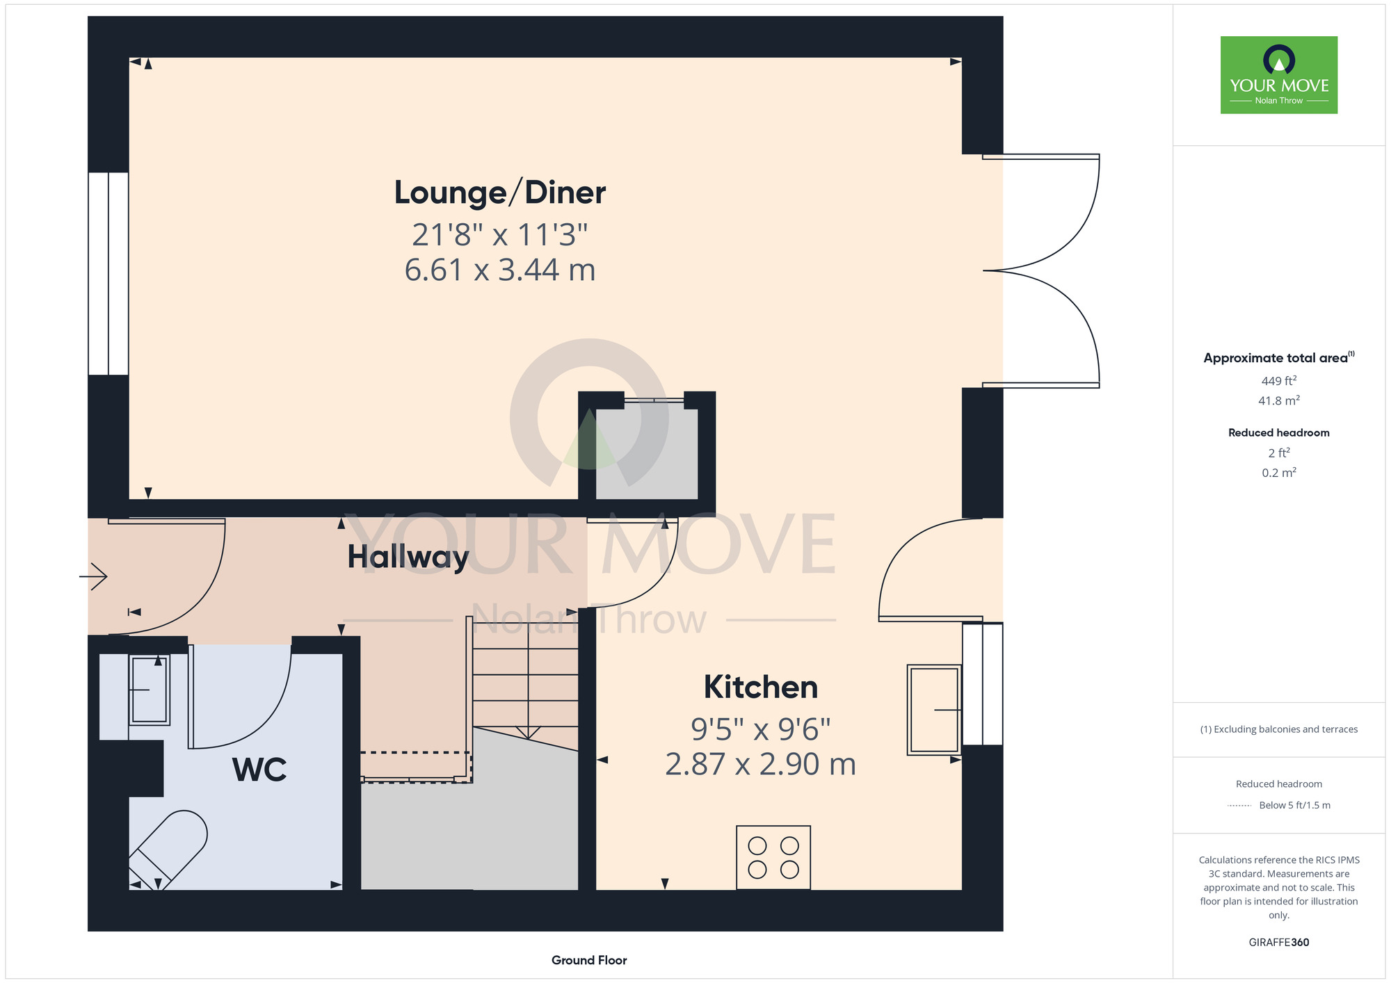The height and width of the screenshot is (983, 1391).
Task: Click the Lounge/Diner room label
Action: click(x=500, y=193)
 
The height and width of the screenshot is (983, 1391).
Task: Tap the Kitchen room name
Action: click(x=761, y=687)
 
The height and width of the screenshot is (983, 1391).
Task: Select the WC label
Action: click(x=259, y=770)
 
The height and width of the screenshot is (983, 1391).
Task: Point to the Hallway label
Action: click(x=408, y=558)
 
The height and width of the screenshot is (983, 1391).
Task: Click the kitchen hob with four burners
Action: click(x=773, y=857)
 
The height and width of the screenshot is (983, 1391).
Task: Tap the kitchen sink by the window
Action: click(x=934, y=710)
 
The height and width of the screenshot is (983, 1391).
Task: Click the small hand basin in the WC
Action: click(x=150, y=690)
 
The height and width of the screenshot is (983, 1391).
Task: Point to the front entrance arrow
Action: click(x=93, y=576)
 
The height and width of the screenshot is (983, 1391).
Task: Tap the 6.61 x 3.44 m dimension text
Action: click(x=500, y=270)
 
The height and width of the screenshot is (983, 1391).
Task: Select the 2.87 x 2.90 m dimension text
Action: click(x=760, y=764)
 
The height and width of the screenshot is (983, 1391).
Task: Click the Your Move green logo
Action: click(x=1279, y=75)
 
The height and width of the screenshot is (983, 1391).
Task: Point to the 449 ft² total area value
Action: click(x=1279, y=381)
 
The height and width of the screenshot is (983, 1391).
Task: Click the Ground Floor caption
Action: click(x=589, y=960)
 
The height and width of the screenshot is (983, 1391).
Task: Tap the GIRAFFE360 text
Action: click(x=1279, y=943)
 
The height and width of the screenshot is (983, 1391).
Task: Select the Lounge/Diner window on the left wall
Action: click(x=108, y=274)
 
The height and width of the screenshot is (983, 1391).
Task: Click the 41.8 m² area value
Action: click(x=1279, y=400)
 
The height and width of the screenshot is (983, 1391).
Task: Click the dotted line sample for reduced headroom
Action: click(x=1239, y=806)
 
